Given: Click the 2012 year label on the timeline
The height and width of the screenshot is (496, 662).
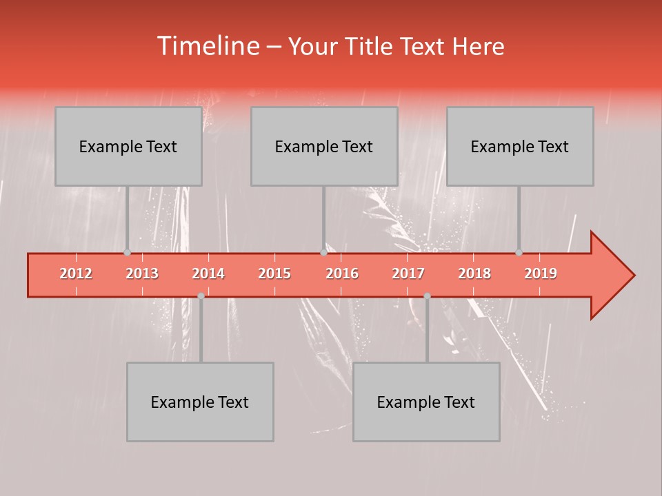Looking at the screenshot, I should (x=76, y=273).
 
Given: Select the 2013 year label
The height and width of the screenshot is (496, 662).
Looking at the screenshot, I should (x=142, y=273).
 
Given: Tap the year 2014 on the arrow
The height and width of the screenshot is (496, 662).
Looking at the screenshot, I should (x=208, y=273).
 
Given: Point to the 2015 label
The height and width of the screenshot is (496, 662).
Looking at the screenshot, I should (x=274, y=273).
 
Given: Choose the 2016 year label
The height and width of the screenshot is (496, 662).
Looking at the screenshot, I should (x=342, y=273).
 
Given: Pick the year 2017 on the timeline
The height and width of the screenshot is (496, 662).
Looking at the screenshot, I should (x=408, y=273).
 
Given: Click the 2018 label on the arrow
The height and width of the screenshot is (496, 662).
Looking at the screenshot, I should (x=474, y=273).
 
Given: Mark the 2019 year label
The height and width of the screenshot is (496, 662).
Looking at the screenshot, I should (x=541, y=273).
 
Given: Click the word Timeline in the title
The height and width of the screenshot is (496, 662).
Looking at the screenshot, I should (x=207, y=46).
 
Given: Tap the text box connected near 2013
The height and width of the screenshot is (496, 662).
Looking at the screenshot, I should (x=128, y=146).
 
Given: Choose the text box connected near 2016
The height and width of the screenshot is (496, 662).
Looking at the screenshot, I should (x=324, y=146).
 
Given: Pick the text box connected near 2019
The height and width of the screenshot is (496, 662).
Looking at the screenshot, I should (x=520, y=146).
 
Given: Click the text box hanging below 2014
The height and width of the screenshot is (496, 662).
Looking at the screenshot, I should (x=200, y=402).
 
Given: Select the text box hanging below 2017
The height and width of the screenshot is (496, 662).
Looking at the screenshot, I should (x=426, y=402).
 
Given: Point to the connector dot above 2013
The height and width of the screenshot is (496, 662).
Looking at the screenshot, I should (x=127, y=252).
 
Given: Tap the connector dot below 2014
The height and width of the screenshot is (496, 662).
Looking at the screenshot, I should (x=201, y=296).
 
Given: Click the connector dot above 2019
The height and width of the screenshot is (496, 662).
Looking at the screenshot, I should (x=519, y=252).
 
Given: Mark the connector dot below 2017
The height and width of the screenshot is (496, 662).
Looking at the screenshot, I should (x=427, y=296).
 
